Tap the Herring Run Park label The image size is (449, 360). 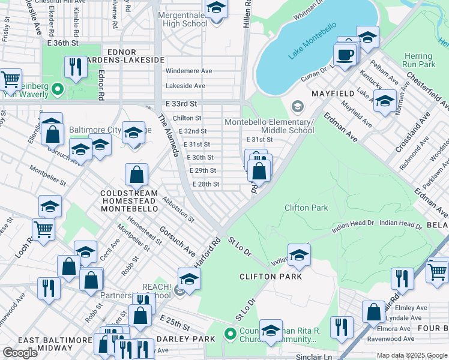[418, 60]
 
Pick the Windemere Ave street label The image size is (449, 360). [188, 71]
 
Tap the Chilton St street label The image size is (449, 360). [187, 118]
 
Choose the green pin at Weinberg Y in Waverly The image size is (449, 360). [57, 89]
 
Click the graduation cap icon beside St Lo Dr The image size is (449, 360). [299, 255]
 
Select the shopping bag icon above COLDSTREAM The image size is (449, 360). [137, 175]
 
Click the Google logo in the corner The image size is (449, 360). [20, 353]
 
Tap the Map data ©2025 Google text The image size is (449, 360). [411, 355]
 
